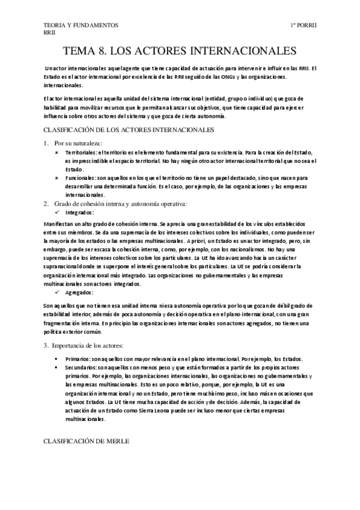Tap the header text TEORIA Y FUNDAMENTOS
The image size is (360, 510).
(81, 25)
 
